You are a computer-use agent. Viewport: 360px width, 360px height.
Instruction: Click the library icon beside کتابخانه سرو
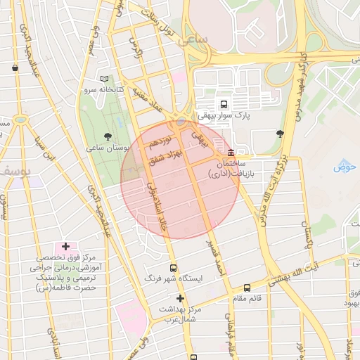105,79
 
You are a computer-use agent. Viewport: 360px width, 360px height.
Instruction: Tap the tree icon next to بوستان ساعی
107,136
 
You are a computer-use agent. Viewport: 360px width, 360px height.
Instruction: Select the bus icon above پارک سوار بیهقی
224,103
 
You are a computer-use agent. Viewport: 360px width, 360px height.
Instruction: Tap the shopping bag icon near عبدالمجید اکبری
15,68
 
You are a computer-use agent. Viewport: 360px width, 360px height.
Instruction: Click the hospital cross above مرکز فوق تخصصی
65,246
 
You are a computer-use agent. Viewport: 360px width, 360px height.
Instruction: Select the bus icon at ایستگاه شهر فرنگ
174,268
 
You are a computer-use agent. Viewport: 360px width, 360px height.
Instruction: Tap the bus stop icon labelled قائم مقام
247,288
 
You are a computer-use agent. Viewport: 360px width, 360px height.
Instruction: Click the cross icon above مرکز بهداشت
181,298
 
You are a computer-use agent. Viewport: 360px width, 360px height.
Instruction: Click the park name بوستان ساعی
105,148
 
